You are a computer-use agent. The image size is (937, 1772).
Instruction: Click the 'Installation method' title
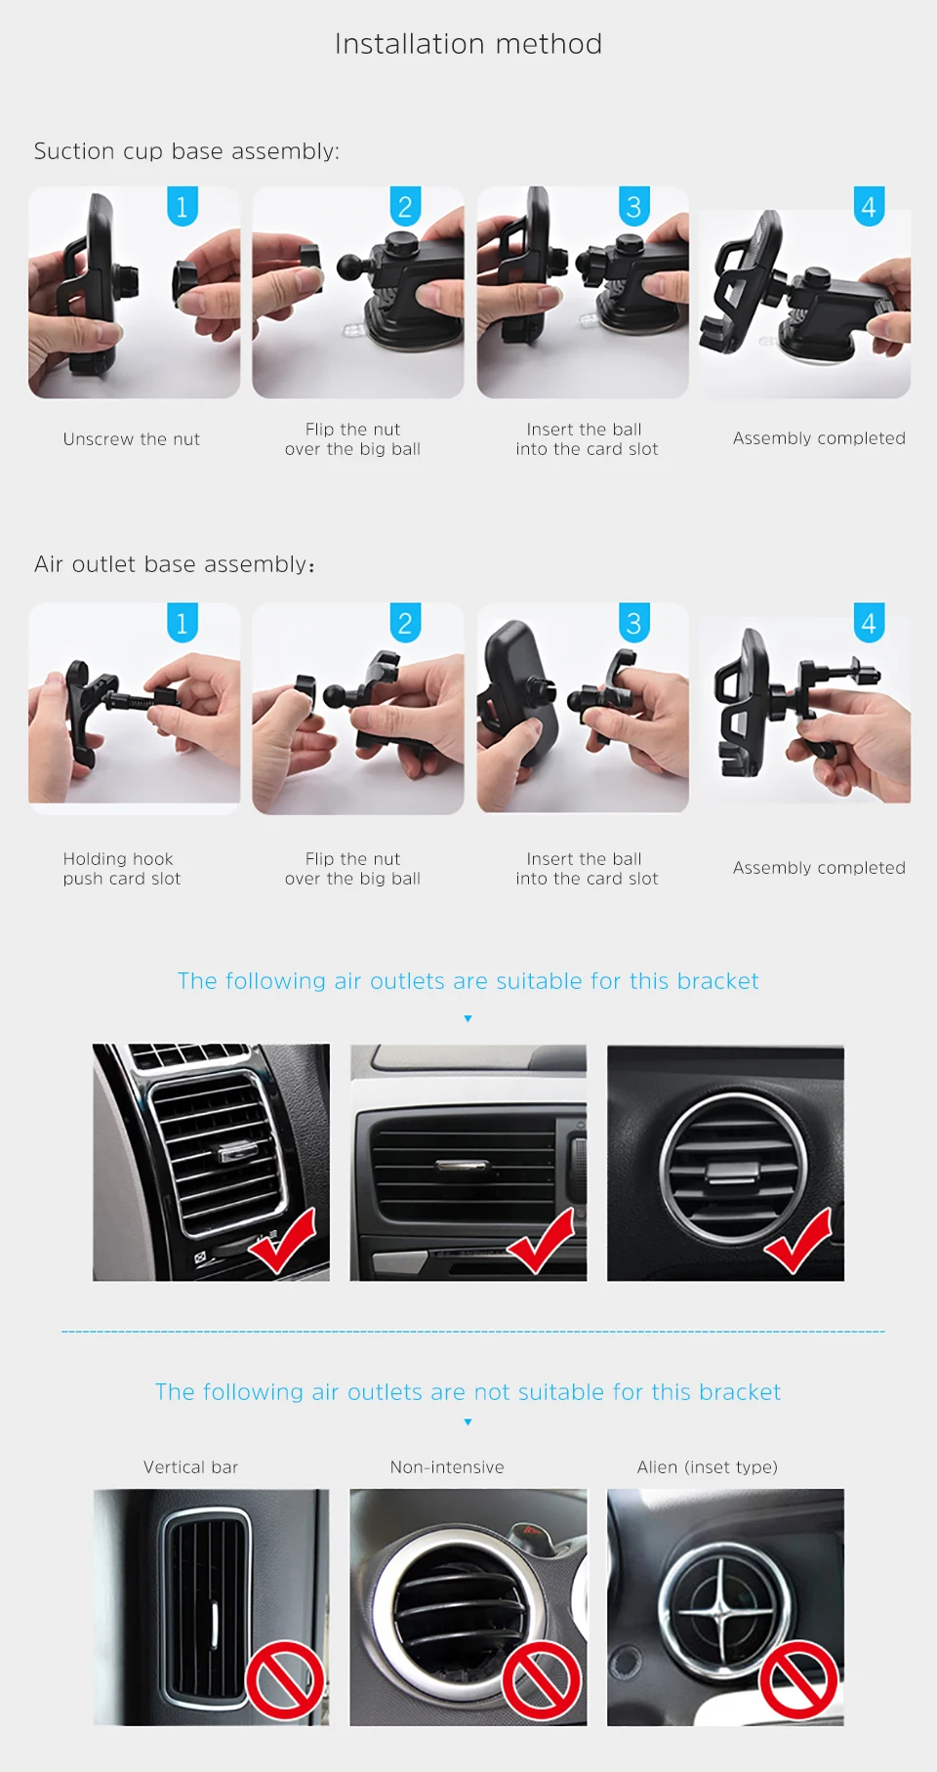click(x=468, y=44)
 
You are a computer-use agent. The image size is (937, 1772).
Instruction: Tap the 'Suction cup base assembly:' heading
click(x=186, y=151)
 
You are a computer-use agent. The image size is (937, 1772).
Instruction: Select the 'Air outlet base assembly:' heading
click(x=175, y=564)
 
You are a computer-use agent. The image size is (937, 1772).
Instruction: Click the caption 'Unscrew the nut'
click(x=132, y=439)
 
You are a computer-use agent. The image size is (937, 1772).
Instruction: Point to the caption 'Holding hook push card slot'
click(x=122, y=869)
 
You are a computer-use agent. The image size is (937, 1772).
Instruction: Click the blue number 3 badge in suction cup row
click(x=634, y=206)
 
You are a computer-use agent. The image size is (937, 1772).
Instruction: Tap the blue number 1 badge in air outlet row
click(x=183, y=622)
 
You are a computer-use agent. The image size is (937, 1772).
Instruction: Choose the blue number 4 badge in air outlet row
click(x=869, y=622)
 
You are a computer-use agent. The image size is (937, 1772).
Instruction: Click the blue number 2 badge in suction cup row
click(x=405, y=206)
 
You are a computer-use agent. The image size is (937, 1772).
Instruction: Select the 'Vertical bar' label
click(x=190, y=1467)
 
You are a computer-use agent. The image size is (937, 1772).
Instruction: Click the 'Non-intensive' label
click(x=447, y=1467)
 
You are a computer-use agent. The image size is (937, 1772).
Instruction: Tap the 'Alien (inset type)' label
click(x=708, y=1467)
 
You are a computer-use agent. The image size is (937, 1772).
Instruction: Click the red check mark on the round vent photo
click(x=798, y=1242)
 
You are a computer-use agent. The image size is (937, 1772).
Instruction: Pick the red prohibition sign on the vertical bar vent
click(x=285, y=1680)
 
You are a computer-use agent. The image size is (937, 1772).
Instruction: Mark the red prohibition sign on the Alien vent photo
click(x=799, y=1680)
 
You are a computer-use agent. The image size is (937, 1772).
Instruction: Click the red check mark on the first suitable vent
click(x=283, y=1242)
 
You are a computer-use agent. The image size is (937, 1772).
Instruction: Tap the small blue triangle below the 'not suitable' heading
click(x=468, y=1422)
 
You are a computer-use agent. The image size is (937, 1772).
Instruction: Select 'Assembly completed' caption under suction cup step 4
click(x=819, y=438)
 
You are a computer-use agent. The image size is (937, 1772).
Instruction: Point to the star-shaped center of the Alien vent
click(x=722, y=1606)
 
